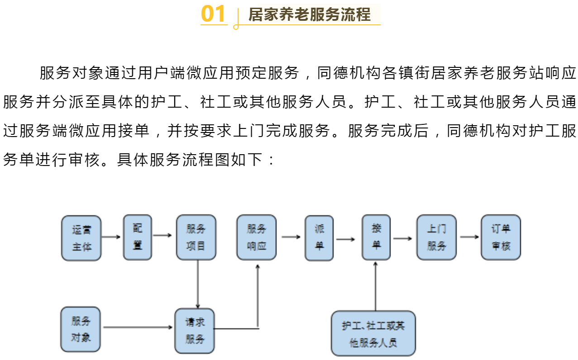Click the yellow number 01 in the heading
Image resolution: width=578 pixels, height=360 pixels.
click(213, 14)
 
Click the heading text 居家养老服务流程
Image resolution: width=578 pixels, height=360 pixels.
click(310, 14)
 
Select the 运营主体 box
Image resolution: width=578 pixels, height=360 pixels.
click(81, 238)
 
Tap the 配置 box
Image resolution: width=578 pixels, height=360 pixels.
click(138, 237)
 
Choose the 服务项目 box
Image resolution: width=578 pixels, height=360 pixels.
click(196, 237)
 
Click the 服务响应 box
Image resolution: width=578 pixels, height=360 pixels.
click(257, 237)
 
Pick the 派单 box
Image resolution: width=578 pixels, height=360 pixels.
click(319, 238)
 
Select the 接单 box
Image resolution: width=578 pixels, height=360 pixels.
click(376, 237)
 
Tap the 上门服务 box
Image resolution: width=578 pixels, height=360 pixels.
click(436, 237)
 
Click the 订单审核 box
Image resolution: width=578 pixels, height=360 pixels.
click(501, 237)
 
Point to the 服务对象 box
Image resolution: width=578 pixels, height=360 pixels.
click(81, 329)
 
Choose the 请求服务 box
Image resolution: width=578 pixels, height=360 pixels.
click(195, 331)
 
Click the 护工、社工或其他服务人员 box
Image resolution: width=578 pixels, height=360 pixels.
click(373, 333)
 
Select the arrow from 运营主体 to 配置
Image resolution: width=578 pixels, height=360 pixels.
click(111, 237)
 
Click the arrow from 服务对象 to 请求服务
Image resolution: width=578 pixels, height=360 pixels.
click(138, 327)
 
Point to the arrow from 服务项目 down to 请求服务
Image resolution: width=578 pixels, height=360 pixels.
click(198, 284)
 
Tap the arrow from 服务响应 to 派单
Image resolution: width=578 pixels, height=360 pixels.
click(291, 237)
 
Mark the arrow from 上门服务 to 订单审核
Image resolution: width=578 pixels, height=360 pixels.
click(469, 237)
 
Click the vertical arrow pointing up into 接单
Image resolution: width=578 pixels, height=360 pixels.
click(375, 286)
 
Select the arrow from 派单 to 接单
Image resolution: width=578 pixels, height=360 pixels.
click(345, 239)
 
